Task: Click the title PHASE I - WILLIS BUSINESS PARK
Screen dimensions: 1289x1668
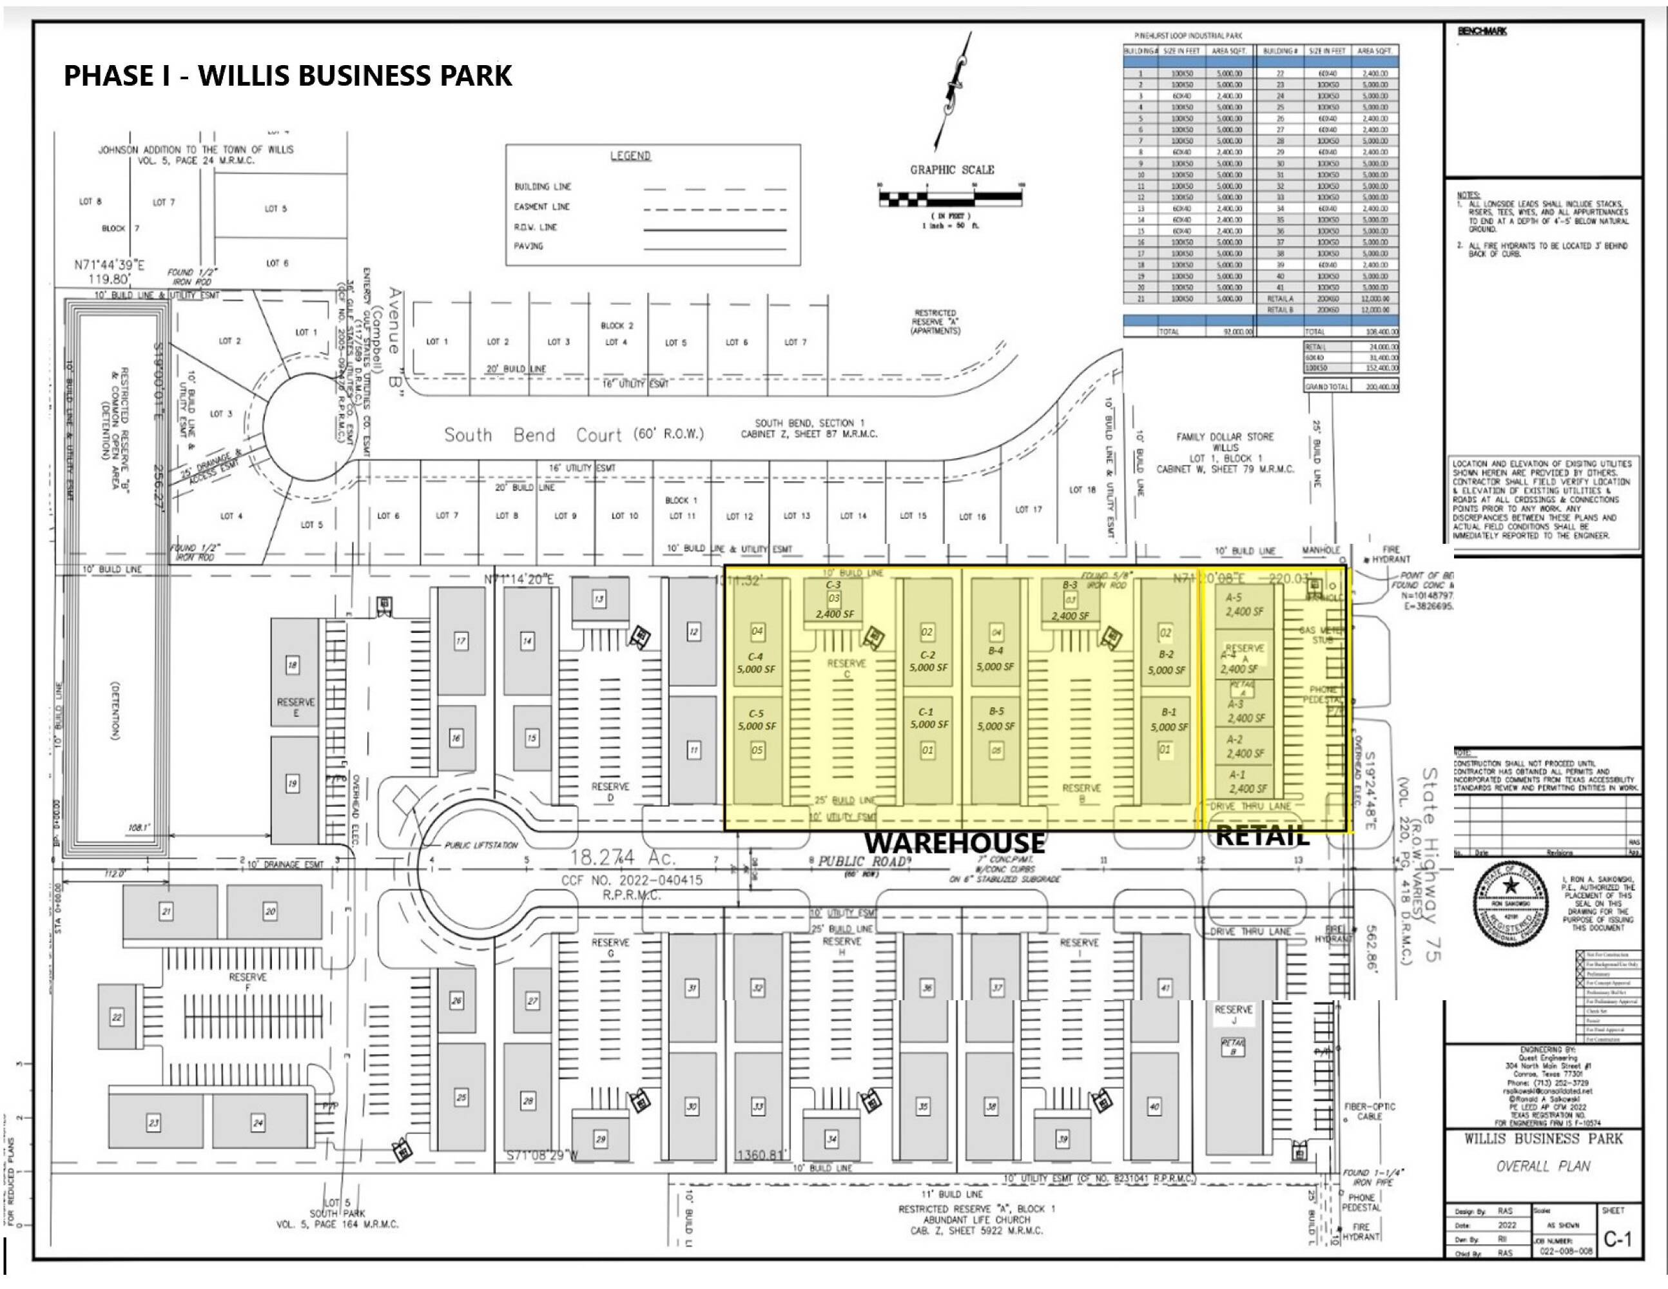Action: click(x=288, y=75)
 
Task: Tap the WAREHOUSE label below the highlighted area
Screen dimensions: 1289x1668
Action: click(x=954, y=843)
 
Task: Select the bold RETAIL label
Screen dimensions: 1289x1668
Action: click(x=1262, y=835)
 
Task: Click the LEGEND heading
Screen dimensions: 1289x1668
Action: click(x=630, y=156)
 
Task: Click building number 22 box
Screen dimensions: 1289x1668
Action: click(x=117, y=1017)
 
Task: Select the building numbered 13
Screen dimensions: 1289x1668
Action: click(x=599, y=599)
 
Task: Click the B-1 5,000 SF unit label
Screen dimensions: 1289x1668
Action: click(x=1169, y=719)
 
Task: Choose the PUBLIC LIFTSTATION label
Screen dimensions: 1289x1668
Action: click(x=481, y=846)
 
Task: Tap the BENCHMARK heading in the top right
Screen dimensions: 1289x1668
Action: click(x=1482, y=32)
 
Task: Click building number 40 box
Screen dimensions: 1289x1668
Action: click(x=1154, y=1106)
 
